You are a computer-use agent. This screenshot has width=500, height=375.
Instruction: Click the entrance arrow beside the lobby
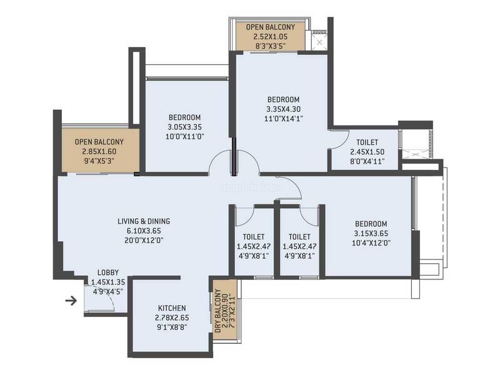coord(71,301)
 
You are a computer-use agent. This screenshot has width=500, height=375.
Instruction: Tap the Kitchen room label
coord(172,308)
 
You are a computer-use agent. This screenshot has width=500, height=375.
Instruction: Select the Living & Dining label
coord(144,221)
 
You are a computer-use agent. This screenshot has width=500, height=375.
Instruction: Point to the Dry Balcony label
coord(218,310)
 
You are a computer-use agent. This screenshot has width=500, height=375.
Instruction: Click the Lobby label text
coord(108,272)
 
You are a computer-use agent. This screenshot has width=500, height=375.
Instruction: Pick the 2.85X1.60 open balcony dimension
coord(99,151)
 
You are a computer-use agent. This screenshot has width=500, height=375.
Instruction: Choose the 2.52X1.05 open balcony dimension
coord(271,37)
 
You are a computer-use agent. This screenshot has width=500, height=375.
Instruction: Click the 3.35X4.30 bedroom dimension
coord(284,109)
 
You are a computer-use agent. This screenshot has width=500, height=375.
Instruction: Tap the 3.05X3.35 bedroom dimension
coord(184,127)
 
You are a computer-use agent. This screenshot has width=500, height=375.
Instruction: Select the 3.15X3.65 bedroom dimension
coord(371,233)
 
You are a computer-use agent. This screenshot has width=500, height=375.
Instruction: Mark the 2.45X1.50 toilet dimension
coord(367,152)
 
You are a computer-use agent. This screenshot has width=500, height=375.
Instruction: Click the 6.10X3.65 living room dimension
coord(144,231)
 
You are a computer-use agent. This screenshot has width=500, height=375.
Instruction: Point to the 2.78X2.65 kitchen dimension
coord(172,317)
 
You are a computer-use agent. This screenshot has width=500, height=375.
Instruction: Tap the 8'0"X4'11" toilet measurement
coord(367,161)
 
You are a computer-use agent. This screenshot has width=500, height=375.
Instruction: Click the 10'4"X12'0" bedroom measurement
coord(371,243)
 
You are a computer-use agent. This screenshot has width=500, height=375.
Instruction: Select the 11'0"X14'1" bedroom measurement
coord(284,119)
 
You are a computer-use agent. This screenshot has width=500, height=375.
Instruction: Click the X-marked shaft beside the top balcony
coord(319,42)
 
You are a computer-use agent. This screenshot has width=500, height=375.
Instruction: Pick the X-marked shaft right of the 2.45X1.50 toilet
coord(415,154)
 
